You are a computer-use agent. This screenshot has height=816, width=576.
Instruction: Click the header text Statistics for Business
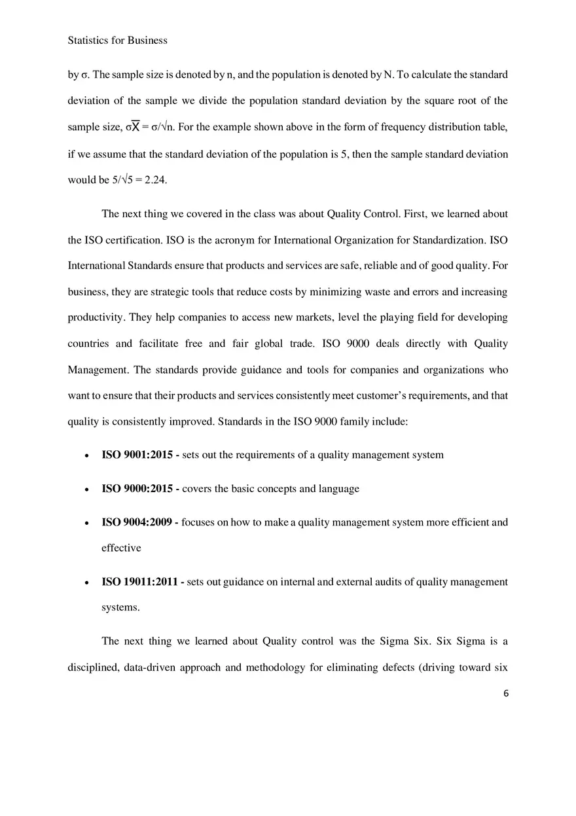click(x=117, y=41)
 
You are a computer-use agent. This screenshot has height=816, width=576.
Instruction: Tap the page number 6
click(x=505, y=694)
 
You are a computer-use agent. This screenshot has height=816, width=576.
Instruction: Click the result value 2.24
click(x=155, y=180)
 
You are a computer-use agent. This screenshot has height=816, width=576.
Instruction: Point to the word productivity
click(x=96, y=317)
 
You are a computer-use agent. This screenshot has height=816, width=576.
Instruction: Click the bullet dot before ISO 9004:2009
click(x=87, y=523)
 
